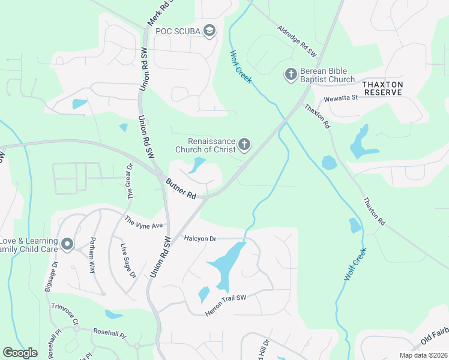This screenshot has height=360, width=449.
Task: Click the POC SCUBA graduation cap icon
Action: (x=209, y=31)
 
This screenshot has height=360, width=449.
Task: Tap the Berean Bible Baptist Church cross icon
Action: (x=291, y=74)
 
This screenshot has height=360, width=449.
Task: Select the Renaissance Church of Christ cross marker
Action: (x=244, y=144)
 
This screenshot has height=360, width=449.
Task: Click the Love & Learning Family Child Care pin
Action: (x=67, y=244)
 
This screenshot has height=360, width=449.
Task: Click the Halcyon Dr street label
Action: (x=200, y=238)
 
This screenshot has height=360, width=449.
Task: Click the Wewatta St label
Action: (x=340, y=98)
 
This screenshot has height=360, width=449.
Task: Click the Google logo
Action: (x=20, y=353)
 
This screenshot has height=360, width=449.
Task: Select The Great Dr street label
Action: (x=128, y=181)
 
